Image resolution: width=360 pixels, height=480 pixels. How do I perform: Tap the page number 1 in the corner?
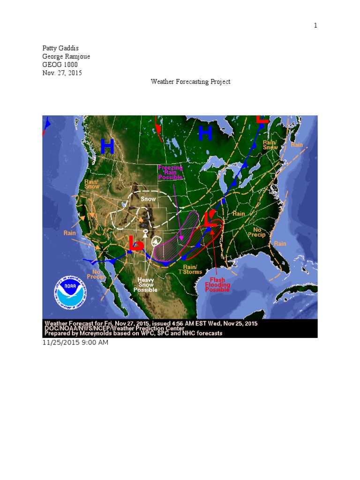pos(315,25)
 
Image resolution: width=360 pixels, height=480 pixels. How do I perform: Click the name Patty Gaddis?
pos(61,48)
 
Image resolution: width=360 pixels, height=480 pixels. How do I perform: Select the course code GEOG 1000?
pos(60,65)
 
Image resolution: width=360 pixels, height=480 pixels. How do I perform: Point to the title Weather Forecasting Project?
pos(190,82)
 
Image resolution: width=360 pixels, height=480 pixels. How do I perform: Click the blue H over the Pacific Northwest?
pos(107,147)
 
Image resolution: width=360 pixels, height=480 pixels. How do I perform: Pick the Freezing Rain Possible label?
pos(171,172)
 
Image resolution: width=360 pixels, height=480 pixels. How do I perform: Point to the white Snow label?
pos(149,199)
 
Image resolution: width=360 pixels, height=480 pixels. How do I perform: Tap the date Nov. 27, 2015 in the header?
pos(62,73)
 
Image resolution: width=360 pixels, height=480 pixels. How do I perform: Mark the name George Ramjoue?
pos(66,57)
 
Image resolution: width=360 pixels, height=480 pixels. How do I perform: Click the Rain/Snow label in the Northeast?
pos(270,144)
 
